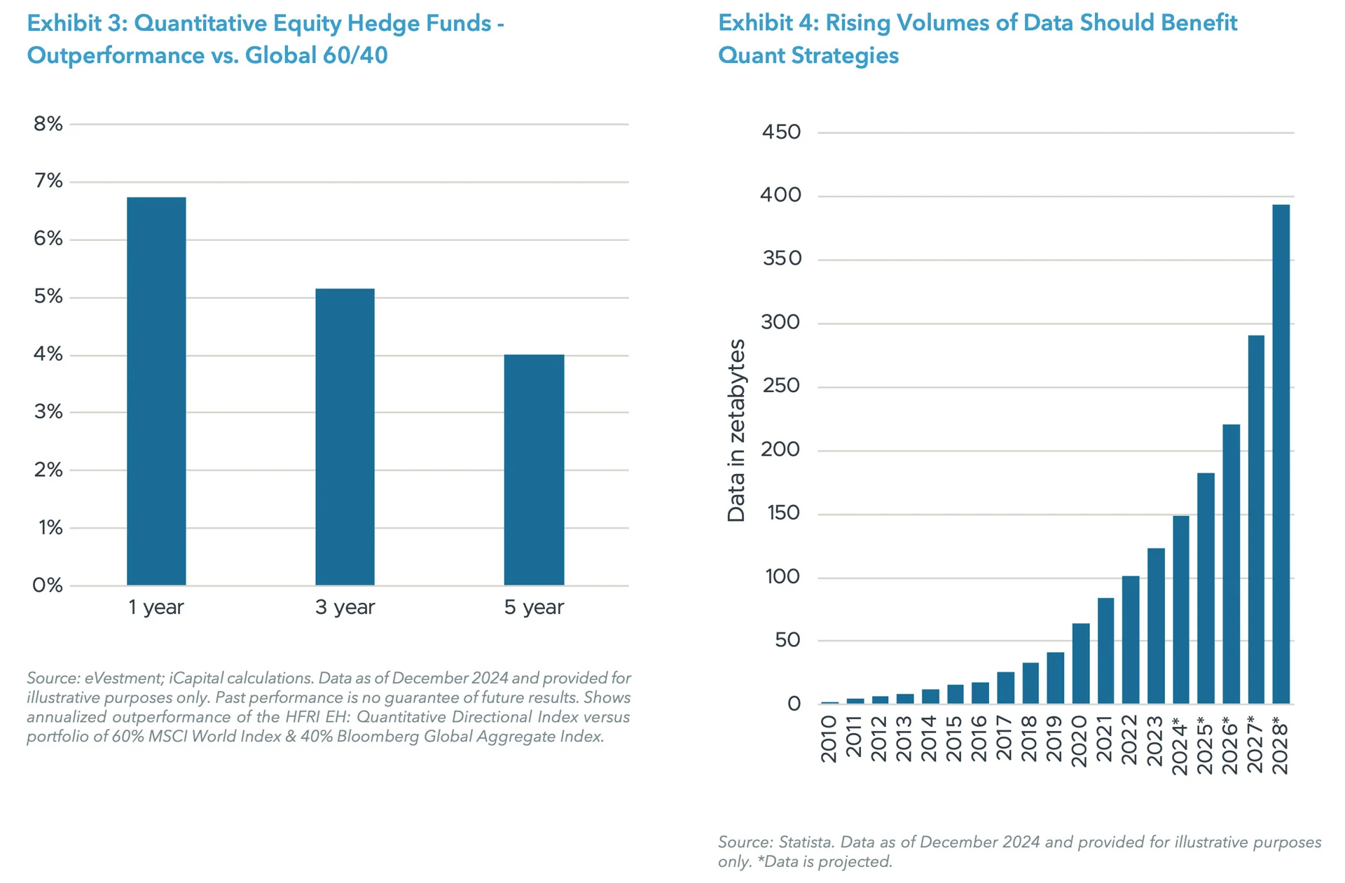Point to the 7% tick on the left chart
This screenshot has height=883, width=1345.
click(x=48, y=181)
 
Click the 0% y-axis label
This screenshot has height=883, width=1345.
click(x=47, y=585)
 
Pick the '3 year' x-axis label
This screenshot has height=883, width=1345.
click(x=345, y=607)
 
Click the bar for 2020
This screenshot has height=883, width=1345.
click(x=1081, y=663)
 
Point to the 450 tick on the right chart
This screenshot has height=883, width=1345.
click(x=781, y=132)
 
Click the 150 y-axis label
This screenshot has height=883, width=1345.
click(x=783, y=513)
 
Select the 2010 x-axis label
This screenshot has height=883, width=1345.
click(x=829, y=738)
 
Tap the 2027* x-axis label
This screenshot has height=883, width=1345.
click(x=1255, y=744)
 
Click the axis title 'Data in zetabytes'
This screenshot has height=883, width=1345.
click(x=736, y=431)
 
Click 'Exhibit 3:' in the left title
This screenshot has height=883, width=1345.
click(x=77, y=23)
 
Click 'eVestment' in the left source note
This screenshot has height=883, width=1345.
click(x=124, y=678)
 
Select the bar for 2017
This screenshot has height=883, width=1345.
click(x=1005, y=688)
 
